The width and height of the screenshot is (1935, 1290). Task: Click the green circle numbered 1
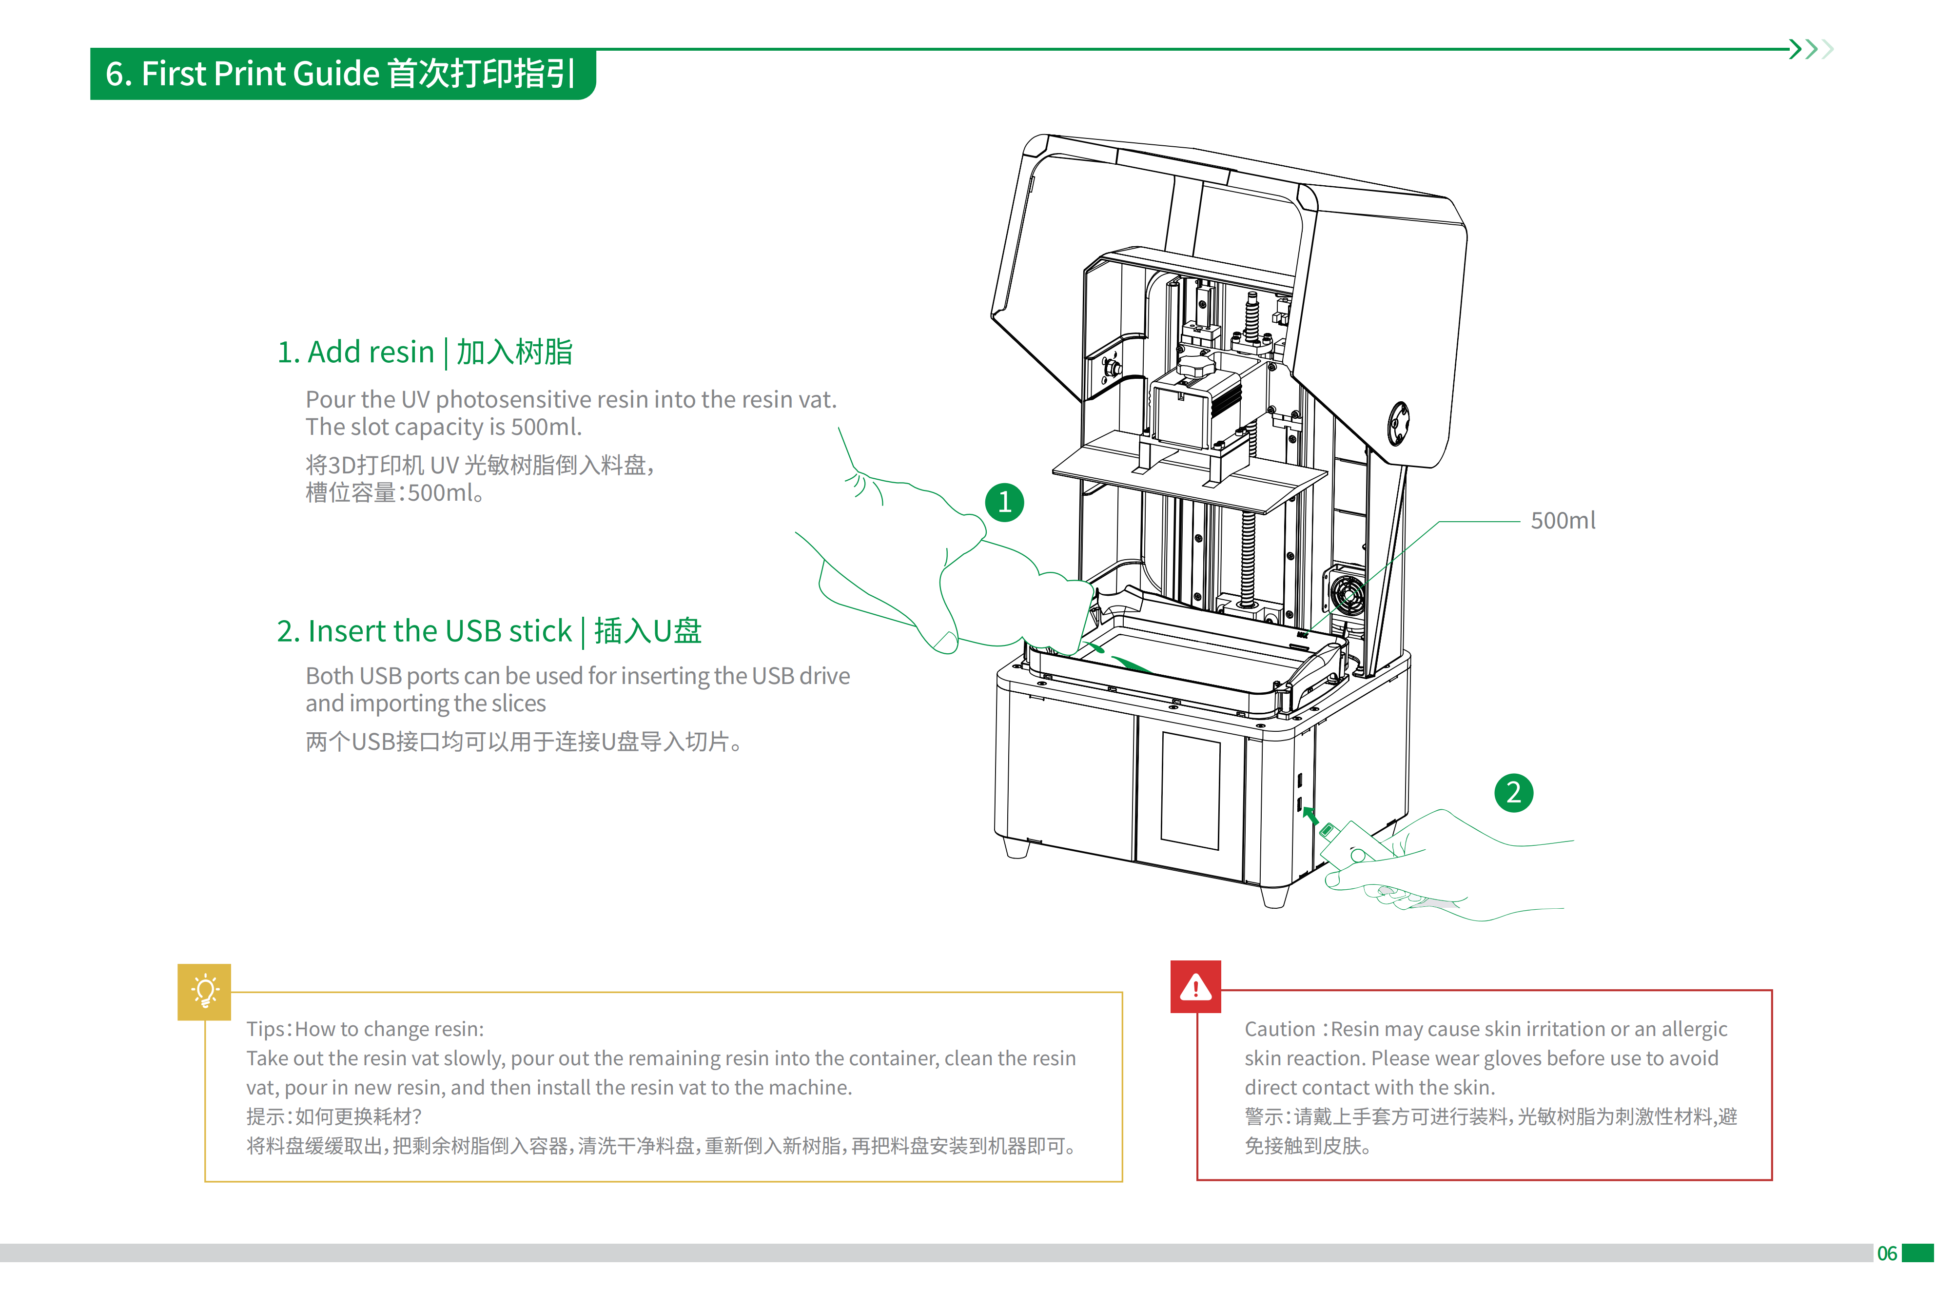1004,502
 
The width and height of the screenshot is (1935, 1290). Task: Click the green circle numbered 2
1513,792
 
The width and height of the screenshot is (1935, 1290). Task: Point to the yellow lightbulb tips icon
204,991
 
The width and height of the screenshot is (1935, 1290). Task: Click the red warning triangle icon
1195,986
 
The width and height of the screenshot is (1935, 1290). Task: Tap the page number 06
1886,1253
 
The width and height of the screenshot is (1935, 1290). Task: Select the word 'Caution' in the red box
1279,1029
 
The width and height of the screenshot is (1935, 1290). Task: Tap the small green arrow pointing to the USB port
1310,815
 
